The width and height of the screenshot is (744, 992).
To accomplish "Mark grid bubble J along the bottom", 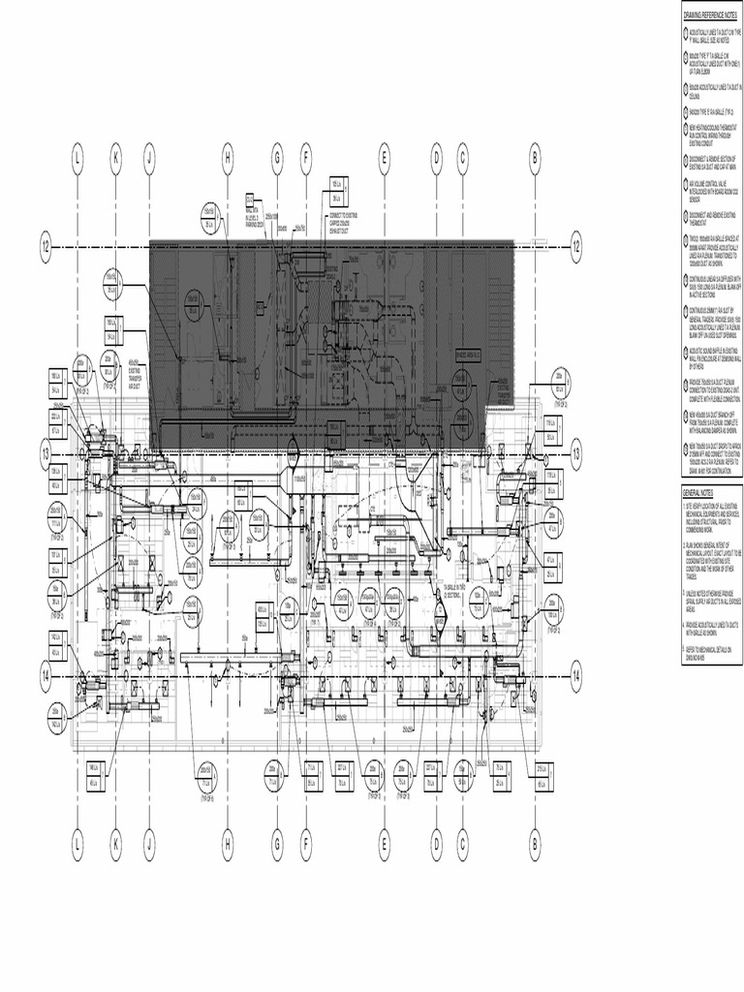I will (149, 847).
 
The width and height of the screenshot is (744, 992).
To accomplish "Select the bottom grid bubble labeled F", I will (305, 847).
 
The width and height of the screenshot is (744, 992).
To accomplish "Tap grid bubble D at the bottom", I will (437, 847).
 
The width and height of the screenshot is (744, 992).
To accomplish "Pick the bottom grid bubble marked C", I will (463, 847).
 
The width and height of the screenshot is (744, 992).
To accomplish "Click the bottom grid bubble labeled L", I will (77, 847).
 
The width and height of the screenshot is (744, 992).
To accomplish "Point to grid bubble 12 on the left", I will (46, 246).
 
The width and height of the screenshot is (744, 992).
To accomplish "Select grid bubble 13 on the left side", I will (46, 452).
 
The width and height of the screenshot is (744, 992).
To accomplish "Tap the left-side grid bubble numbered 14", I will (46, 675).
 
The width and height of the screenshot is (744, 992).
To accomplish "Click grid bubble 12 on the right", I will (575, 246).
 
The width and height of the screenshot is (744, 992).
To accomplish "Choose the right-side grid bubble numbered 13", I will (575, 452).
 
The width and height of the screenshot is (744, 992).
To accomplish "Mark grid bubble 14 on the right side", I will (575, 675).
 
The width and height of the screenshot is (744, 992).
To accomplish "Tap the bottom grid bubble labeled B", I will (534, 847).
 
